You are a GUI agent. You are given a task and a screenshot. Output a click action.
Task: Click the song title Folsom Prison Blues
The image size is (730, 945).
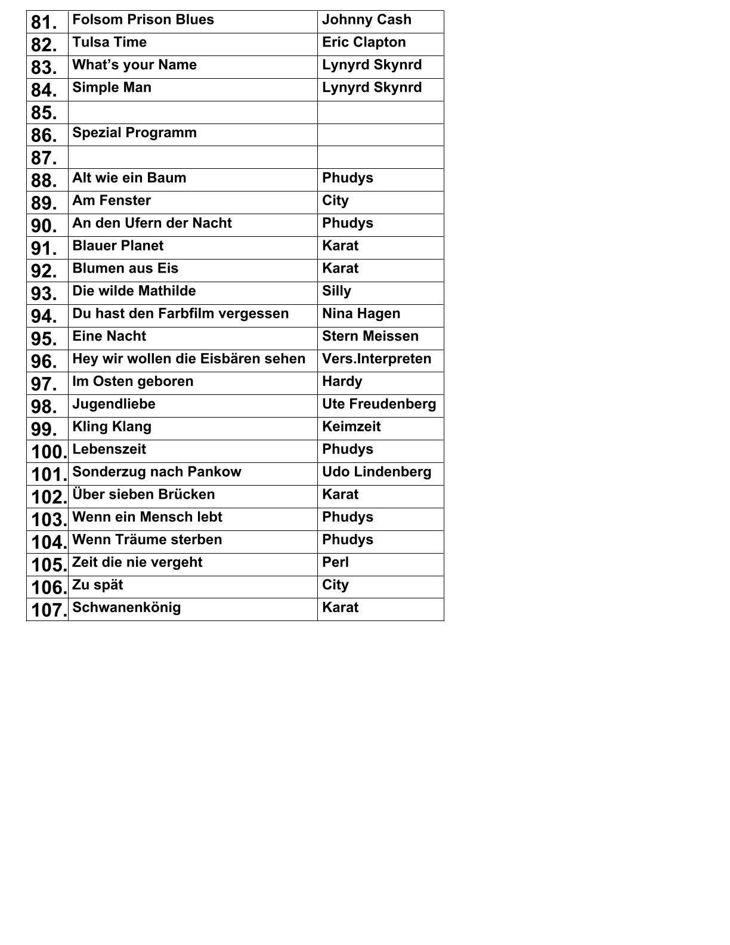[x=143, y=20]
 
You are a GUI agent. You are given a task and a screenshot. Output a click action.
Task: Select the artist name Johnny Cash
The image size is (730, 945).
[x=367, y=20]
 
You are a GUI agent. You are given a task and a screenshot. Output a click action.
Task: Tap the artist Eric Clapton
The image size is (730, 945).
[x=364, y=42]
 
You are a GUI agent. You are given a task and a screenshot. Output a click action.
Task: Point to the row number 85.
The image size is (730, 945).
[x=44, y=113]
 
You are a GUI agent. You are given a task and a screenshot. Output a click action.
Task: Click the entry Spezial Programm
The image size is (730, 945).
[x=134, y=132]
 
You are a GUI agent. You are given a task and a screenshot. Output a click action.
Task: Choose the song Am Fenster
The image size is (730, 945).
[x=112, y=200]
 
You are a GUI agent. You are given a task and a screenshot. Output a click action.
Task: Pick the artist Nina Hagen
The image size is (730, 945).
[x=361, y=314]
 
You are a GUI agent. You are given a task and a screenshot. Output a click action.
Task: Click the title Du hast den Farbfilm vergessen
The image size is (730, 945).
[x=180, y=314]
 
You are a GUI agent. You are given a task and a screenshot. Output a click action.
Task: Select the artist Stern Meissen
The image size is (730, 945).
[x=370, y=336]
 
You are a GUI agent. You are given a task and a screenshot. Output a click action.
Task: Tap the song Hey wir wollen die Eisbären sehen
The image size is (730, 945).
[x=188, y=359]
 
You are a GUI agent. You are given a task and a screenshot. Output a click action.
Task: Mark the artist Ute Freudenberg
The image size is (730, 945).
[x=379, y=404]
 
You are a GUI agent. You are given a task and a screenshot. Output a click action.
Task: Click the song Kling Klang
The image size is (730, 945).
[x=112, y=427]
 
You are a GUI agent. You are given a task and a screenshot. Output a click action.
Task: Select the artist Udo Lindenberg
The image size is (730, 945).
[x=377, y=472]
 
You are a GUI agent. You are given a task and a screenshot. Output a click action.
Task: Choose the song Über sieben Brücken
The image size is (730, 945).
[x=143, y=495]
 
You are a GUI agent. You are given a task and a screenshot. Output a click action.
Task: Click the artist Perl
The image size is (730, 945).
[x=336, y=563]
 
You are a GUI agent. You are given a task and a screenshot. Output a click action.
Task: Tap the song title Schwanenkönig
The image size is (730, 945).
[x=126, y=608]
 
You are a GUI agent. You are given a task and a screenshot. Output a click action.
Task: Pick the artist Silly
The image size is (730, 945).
[x=337, y=291]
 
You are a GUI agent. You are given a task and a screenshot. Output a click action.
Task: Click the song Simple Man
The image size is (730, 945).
[x=112, y=88]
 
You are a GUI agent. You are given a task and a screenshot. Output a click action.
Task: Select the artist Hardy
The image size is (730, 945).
[x=342, y=382]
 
